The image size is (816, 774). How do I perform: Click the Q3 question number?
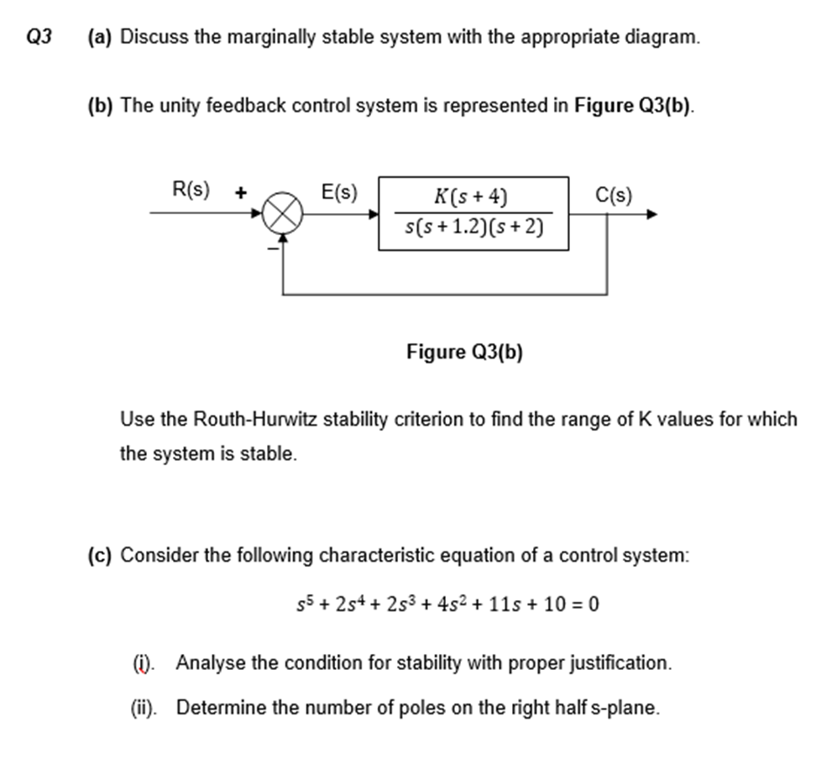(x=39, y=37)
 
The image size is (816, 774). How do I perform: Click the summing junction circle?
(x=282, y=215)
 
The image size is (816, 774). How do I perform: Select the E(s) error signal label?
(x=339, y=192)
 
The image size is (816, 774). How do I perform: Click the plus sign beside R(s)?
(x=240, y=192)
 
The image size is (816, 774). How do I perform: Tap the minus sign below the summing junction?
(x=270, y=248)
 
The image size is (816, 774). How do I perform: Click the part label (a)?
(x=101, y=37)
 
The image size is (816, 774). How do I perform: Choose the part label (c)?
(x=101, y=556)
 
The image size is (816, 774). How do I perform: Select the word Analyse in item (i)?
(x=211, y=662)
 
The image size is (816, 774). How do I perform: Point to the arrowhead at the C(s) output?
(x=650, y=215)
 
